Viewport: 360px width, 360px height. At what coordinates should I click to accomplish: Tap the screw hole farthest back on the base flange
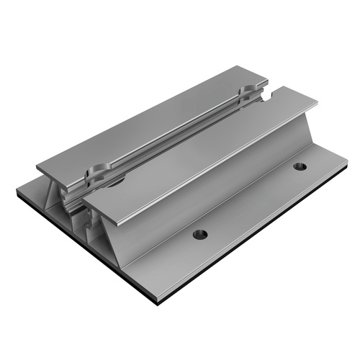point(300,166)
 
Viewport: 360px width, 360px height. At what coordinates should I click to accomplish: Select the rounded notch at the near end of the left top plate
point(97,172)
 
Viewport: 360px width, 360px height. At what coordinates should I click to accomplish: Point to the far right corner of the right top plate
point(318,104)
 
